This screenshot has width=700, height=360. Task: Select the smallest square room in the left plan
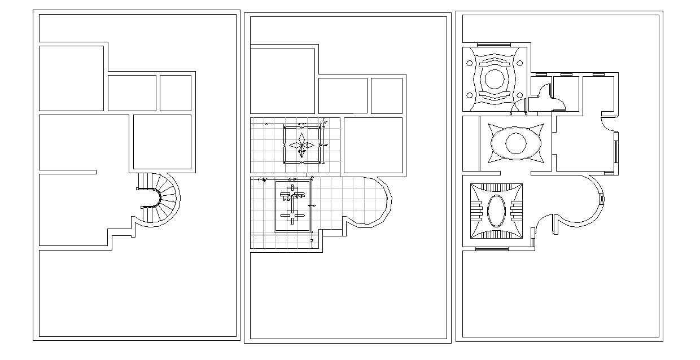click(x=175, y=93)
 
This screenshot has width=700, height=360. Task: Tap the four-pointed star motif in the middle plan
click(x=303, y=145)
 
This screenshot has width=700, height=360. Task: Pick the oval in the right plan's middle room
click(x=515, y=143)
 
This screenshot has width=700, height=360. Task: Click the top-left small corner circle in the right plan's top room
click(x=469, y=63)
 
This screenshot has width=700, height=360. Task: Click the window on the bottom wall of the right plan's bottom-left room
click(x=491, y=248)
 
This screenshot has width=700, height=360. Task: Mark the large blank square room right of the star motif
click(x=373, y=145)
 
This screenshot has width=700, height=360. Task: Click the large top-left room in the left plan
click(x=71, y=78)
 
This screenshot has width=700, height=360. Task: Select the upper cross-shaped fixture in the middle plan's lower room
click(x=292, y=194)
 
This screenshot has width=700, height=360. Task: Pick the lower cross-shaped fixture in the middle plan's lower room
click(x=292, y=216)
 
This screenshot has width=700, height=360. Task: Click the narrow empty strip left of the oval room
click(x=471, y=143)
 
